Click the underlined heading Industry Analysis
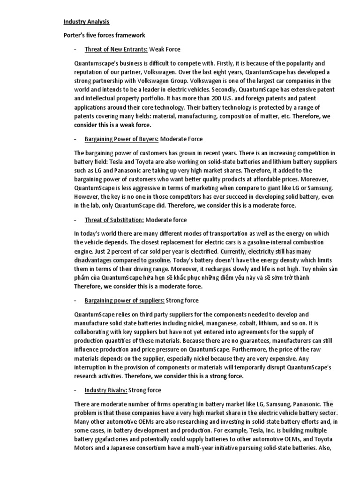click(x=87, y=22)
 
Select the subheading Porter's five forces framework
click(x=105, y=35)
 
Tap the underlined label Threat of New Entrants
click(x=116, y=49)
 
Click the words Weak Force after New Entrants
click(x=165, y=49)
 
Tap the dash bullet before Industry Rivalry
click(x=75, y=390)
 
